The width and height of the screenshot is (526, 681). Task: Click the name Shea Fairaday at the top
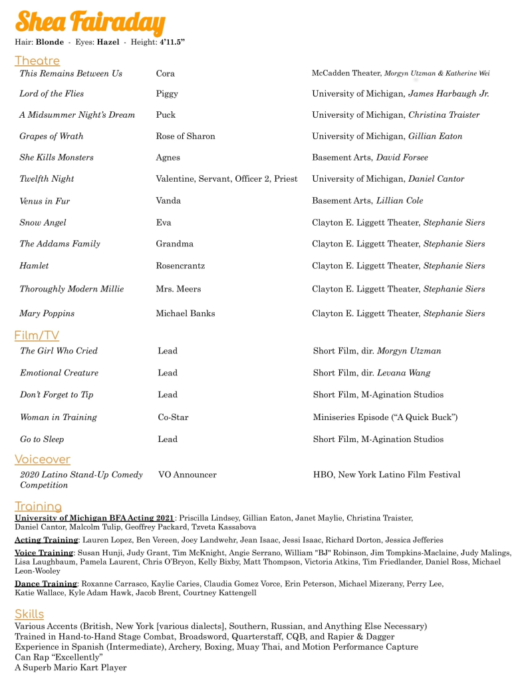pyautogui.click(x=90, y=22)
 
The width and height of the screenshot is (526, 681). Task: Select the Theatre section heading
pyautogui.click(x=37, y=61)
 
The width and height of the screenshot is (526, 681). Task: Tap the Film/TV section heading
pyautogui.click(x=37, y=335)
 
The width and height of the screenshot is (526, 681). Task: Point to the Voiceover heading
pyautogui.click(x=42, y=459)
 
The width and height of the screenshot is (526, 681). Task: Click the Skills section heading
pyautogui.click(x=29, y=614)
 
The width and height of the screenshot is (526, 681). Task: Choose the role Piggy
pyautogui.click(x=167, y=94)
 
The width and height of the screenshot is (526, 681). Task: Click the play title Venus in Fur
pyautogui.click(x=45, y=201)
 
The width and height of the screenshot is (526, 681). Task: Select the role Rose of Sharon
pyautogui.click(x=186, y=136)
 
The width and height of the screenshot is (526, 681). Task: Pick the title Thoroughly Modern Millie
pyautogui.click(x=72, y=289)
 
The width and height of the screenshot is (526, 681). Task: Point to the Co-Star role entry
pyautogui.click(x=173, y=417)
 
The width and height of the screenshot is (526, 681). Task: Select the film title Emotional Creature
pyautogui.click(x=59, y=373)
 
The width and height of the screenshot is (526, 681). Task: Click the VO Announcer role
pyautogui.click(x=188, y=475)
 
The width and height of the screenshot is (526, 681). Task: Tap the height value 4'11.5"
pyautogui.click(x=172, y=43)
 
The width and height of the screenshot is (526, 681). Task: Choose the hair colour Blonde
pyautogui.click(x=50, y=43)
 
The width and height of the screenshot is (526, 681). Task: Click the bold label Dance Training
pyautogui.click(x=46, y=584)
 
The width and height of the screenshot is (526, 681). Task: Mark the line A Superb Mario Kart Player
pyautogui.click(x=70, y=667)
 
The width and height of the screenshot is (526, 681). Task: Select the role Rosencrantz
pyautogui.click(x=180, y=266)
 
